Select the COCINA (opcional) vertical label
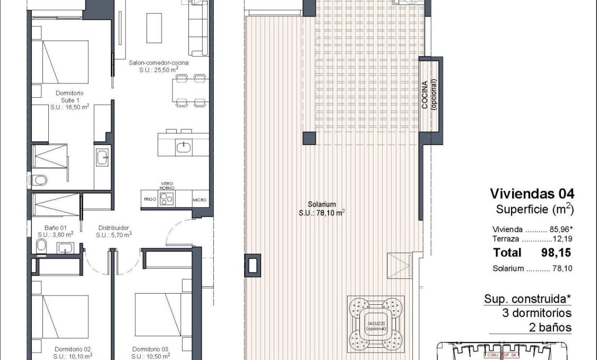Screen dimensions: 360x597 pos(429,95)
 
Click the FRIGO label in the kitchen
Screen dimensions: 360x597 pos(150,200)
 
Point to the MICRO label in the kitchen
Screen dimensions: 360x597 pos(200,200)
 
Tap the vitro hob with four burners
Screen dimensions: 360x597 pos(167,198)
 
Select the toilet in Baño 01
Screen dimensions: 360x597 pos(41,245)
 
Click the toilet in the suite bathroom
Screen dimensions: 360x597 pos(39,181)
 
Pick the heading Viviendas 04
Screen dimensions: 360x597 pos(532,193)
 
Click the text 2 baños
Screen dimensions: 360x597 pos(550,327)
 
